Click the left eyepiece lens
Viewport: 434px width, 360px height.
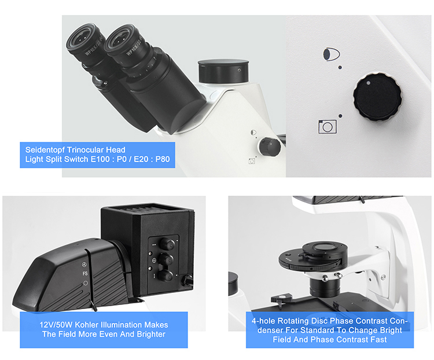click(80, 39)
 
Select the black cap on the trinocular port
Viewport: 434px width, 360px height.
click(223, 71)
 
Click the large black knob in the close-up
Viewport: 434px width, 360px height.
click(377, 97)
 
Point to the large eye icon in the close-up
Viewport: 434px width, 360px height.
click(331, 54)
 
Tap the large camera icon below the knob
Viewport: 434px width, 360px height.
click(328, 127)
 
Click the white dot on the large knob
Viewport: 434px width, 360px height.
click(368, 83)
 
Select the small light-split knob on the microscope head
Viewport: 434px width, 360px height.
click(269, 146)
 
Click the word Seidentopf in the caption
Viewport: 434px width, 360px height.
click(45, 150)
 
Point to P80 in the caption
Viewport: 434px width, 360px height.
click(163, 159)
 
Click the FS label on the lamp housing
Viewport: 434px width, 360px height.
click(85, 274)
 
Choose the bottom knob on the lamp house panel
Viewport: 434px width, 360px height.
click(165, 276)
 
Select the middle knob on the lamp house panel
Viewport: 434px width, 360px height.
click(166, 260)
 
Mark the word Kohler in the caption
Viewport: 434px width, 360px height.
click(86, 325)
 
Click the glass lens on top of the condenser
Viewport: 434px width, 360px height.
click(325, 246)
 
